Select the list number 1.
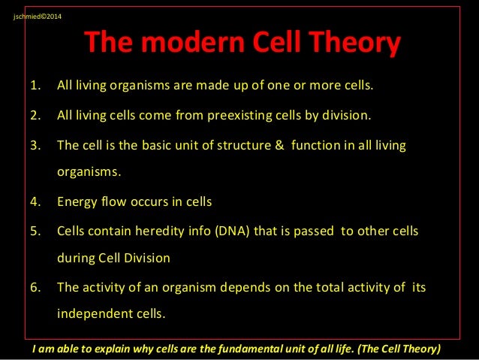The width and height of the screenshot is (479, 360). pos(35,85)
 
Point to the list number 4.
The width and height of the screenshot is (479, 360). pos(35,201)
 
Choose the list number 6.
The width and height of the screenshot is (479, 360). pos(35,286)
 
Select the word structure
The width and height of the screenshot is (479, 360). pos(237,144)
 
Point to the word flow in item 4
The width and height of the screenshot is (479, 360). pos(112,201)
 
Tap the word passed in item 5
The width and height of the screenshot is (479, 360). pos(316,230)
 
